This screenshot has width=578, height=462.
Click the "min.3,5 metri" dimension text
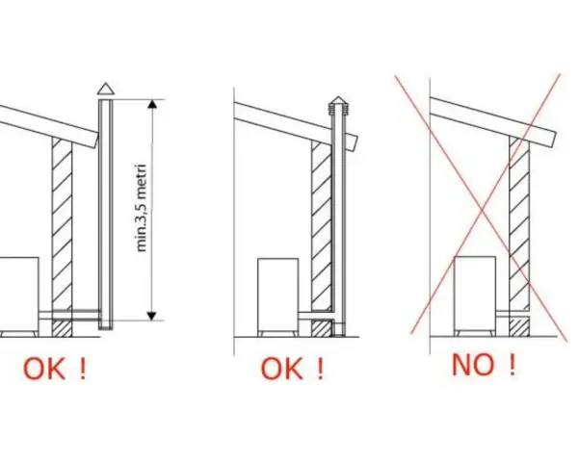(143, 208)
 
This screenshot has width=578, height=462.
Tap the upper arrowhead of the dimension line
(152, 104)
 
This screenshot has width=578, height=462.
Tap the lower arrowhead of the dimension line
(152, 316)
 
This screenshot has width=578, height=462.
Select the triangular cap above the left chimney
(106, 89)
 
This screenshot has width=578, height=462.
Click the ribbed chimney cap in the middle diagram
(338, 106)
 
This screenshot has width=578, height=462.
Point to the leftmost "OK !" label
(55, 369)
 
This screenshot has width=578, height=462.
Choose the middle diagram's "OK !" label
(292, 369)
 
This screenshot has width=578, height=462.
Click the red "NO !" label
(484, 365)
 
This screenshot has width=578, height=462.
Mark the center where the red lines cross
(483, 211)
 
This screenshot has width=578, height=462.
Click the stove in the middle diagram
(278, 297)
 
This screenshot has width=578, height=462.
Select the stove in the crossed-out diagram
(475, 296)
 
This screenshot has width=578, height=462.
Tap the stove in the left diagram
(19, 297)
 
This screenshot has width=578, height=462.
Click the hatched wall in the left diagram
(62, 237)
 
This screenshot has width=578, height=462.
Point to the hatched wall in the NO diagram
(519, 236)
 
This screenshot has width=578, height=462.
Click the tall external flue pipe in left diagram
(106, 214)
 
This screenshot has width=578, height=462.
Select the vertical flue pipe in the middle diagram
(338, 224)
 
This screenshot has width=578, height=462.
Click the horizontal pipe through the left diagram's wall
(69, 315)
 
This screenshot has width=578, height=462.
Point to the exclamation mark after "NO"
(512, 365)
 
